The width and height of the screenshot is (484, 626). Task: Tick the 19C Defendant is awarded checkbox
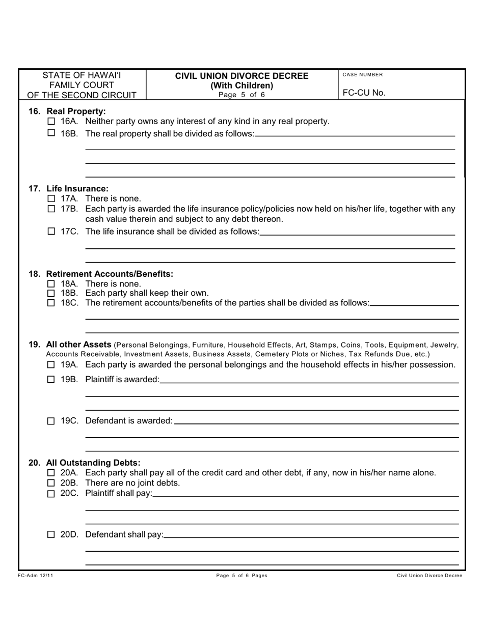coord(51,421)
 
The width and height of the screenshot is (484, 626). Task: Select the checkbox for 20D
coord(51,535)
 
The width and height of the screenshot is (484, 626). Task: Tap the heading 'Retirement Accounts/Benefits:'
coord(110,274)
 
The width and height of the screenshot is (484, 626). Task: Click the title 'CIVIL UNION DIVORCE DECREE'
coord(242,76)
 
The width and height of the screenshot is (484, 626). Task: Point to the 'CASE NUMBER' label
coord(363,75)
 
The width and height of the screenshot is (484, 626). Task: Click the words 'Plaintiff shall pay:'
coord(119,494)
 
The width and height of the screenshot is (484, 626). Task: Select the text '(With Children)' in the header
coord(242,86)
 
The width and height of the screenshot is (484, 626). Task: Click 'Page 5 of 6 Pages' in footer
coord(242,576)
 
